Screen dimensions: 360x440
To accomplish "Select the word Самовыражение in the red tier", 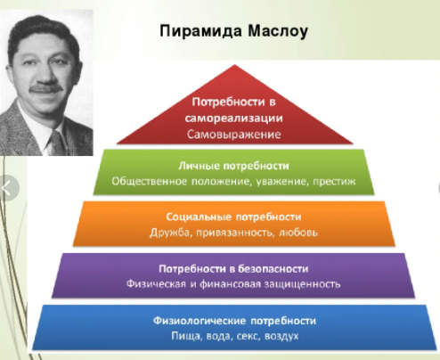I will click(235, 134).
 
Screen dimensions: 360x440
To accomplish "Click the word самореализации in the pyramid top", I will click(235, 119).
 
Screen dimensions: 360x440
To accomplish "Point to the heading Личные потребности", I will click(234, 165).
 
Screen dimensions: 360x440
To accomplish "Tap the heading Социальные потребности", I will click(234, 217).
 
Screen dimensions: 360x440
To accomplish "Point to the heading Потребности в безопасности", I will click(234, 268).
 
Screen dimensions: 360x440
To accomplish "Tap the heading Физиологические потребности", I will click(234, 320).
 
